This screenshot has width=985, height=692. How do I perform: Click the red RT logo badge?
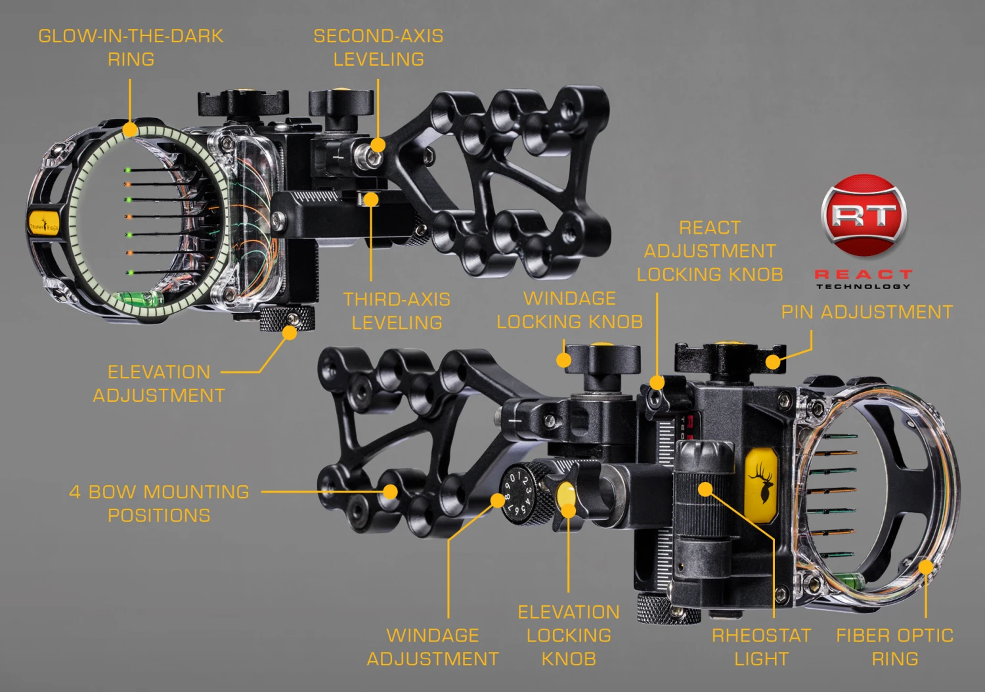pyautogui.click(x=864, y=215)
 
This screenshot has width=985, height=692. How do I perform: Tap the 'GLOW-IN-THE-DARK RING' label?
pyautogui.click(x=131, y=47)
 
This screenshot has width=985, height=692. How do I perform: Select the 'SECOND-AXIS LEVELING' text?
pyautogui.click(x=378, y=47)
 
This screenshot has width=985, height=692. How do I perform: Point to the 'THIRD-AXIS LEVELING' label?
pyautogui.click(x=397, y=311)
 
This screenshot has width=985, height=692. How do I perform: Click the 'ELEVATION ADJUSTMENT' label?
pyautogui.click(x=159, y=383)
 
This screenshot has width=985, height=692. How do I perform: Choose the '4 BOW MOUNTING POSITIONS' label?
pyautogui.click(x=159, y=504)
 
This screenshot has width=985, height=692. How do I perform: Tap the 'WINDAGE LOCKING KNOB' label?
pyautogui.click(x=569, y=310)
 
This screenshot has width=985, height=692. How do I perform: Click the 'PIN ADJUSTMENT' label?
pyautogui.click(x=867, y=312)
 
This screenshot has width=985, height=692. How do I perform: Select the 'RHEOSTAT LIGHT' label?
pyautogui.click(x=761, y=647)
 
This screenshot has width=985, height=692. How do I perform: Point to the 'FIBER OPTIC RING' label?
pyautogui.click(x=894, y=647)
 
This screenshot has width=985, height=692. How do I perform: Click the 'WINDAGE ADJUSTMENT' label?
pyautogui.click(x=433, y=647)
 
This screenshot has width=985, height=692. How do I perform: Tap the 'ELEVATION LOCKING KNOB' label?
pyautogui.click(x=569, y=635)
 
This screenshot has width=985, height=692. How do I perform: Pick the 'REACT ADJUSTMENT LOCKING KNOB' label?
pyautogui.click(x=710, y=251)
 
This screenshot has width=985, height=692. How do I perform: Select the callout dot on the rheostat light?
pyautogui.click(x=705, y=489)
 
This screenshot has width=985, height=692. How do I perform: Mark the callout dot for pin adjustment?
pyautogui.click(x=773, y=362)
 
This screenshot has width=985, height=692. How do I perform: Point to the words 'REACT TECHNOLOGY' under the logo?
pyautogui.click(x=864, y=279)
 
